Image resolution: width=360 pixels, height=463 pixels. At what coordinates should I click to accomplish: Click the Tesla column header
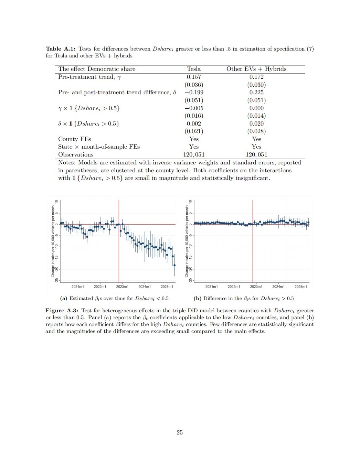pos(194,69)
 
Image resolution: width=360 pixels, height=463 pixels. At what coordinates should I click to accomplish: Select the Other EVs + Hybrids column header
pos(256,69)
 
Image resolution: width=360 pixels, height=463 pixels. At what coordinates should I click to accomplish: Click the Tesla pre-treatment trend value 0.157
pos(194,77)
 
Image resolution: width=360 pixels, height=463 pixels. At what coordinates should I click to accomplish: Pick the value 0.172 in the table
pos(256,77)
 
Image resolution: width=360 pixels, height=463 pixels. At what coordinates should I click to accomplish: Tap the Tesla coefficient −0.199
pos(194,92)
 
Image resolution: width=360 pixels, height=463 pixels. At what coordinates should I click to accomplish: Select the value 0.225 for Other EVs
pos(256,92)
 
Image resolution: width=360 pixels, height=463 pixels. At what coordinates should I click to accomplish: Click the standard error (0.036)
pos(194,85)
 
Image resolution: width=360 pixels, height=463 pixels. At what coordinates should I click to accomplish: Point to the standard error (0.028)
pos(256,131)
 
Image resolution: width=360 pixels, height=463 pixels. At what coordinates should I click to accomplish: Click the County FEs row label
pos(74,139)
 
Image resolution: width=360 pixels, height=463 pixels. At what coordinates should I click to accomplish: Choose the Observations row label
pos(76,154)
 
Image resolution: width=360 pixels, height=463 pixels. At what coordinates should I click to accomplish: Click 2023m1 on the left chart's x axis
pos(122,287)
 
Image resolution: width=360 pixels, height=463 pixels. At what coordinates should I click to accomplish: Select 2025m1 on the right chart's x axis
pos(300,287)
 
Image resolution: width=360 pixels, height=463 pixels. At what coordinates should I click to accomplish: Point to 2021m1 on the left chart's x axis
pos(78,287)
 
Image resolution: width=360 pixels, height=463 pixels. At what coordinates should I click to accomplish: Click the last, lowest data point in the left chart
pos(174,265)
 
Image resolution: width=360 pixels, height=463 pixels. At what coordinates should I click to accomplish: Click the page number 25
pos(180,432)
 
